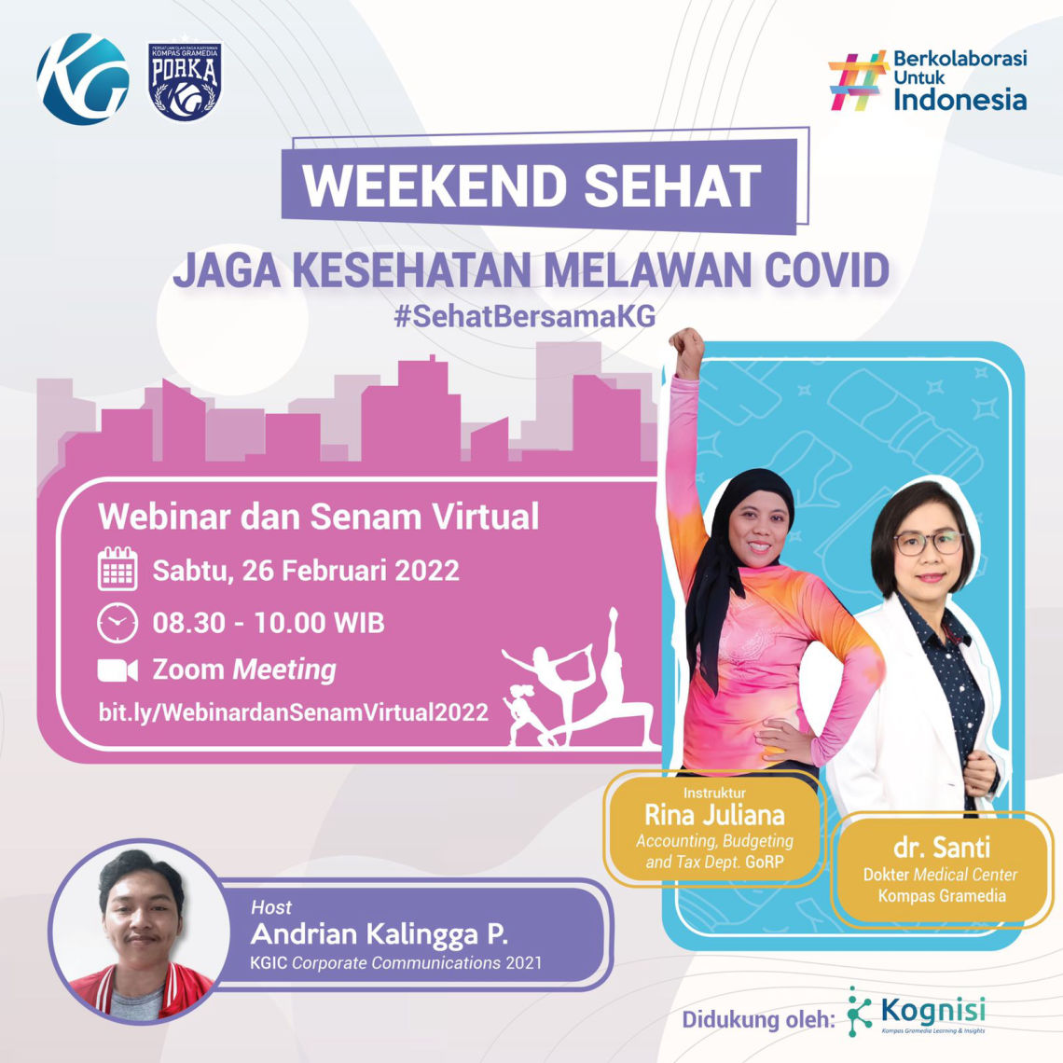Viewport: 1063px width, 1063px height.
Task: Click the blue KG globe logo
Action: point(83,79)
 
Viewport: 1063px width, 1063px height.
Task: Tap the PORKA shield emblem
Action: point(186,81)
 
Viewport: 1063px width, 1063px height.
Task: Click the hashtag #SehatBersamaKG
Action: point(525,316)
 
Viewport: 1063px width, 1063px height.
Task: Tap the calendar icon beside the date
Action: point(117,570)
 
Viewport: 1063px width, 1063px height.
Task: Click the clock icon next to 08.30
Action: point(117,623)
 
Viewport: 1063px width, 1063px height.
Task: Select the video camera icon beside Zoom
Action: point(117,670)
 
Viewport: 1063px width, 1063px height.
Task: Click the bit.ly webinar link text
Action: point(294,712)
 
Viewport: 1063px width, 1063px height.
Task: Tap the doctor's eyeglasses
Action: point(928,543)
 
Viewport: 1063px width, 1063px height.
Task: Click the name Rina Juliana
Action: point(714,816)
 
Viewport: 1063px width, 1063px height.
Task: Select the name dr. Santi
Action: point(942,849)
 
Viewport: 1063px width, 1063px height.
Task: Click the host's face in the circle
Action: point(142,923)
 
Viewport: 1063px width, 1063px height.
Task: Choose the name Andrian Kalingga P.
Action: point(380,934)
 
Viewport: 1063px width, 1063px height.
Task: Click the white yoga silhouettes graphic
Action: point(578,681)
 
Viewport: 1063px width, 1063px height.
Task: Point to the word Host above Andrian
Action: point(271,907)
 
